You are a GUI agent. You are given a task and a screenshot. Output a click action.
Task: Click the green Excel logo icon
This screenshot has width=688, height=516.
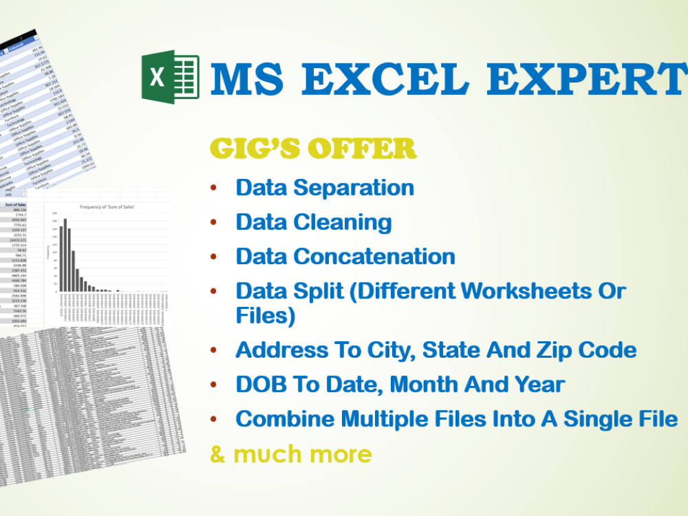pyautogui.click(x=170, y=76)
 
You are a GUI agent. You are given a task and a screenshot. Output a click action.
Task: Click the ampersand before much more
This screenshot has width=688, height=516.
pyautogui.click(x=217, y=454)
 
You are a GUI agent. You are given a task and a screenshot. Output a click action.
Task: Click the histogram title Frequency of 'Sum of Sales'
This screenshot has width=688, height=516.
pyautogui.click(x=107, y=206)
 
